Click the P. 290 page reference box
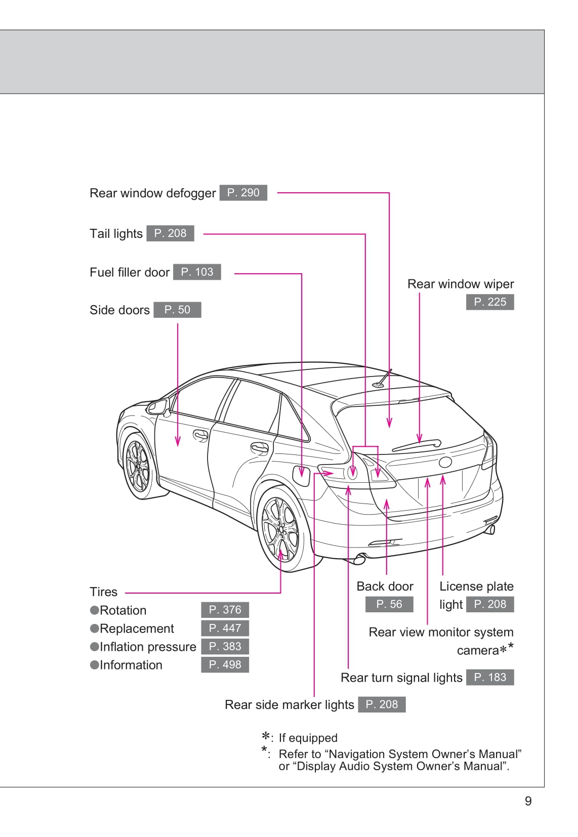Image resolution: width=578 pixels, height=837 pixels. (243, 193)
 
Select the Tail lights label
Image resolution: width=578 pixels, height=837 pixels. (116, 234)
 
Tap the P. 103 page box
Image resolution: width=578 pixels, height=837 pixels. (197, 272)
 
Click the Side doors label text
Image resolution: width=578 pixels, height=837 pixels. (119, 310)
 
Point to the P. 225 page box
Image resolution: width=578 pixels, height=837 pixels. (489, 302)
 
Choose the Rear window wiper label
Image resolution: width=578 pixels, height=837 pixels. (460, 284)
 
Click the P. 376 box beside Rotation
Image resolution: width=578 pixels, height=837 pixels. (225, 610)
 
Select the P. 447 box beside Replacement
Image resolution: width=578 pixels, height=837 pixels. (225, 628)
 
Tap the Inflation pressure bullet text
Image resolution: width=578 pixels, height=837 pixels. (147, 647)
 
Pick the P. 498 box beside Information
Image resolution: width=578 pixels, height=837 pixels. (225, 664)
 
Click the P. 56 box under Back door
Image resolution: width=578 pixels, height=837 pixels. (389, 604)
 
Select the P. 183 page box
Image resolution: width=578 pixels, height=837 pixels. (489, 678)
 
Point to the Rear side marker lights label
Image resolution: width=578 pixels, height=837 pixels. (289, 705)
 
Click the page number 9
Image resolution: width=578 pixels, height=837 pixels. (528, 801)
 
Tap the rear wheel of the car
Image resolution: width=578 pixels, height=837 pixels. (280, 529)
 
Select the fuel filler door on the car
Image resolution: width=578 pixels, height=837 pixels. (301, 475)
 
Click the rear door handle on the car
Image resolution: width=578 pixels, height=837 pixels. (259, 447)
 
